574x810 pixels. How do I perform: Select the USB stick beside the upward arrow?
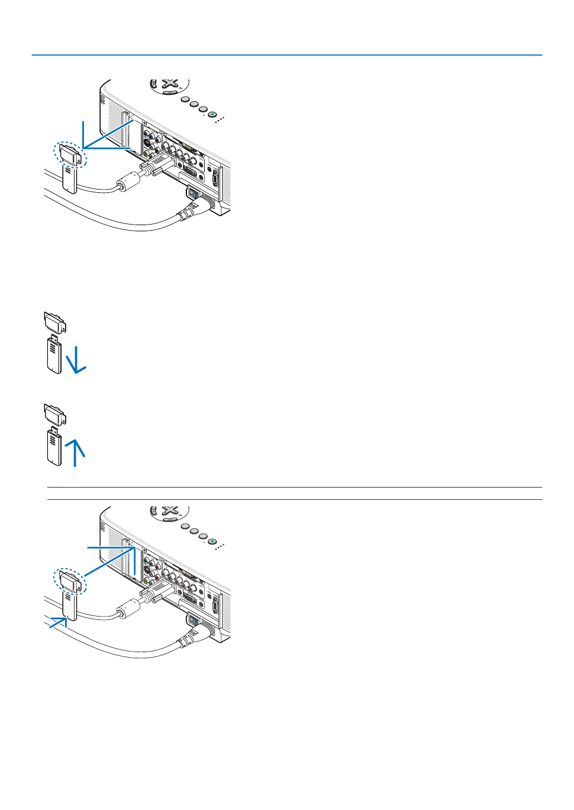54,446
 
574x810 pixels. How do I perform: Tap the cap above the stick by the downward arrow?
55,322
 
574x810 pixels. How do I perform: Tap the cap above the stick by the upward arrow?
55,414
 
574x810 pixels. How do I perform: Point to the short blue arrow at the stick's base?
57,623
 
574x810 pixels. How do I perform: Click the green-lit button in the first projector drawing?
212,115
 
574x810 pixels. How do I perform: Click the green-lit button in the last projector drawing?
212,541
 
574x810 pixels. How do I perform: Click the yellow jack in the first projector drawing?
146,154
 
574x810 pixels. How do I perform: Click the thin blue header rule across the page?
287,55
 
